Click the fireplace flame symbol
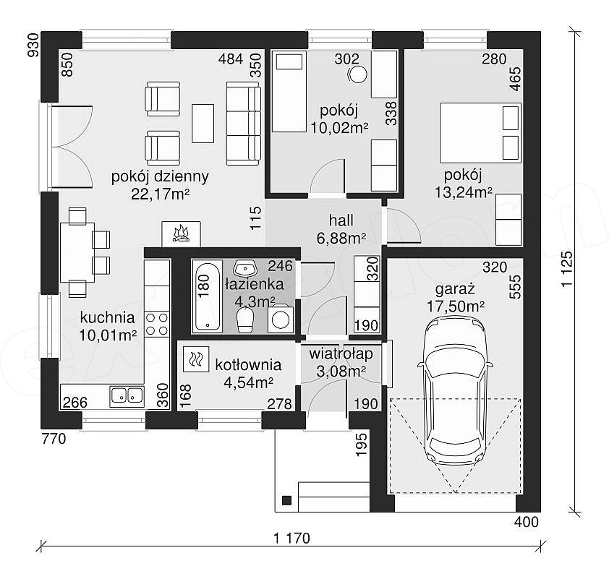click(181, 234)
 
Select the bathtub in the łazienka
click(207, 297)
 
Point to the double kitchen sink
click(127, 396)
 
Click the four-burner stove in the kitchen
click(157, 324)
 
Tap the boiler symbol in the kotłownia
click(196, 359)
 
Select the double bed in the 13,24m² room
click(480, 132)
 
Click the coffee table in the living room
click(203, 124)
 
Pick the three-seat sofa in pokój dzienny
click(243, 124)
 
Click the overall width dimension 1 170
click(291, 539)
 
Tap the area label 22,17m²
click(160, 194)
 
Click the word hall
click(341, 220)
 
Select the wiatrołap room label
click(341, 353)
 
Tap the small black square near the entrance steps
click(286, 500)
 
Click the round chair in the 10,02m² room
click(357, 74)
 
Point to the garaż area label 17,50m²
click(456, 306)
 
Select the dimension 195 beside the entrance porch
click(361, 445)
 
